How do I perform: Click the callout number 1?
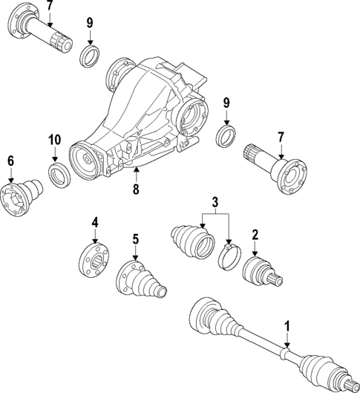(286, 325)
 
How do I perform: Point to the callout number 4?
(94, 222)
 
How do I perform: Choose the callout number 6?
(10, 161)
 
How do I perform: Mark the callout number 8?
(135, 191)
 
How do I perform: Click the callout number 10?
(54, 140)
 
